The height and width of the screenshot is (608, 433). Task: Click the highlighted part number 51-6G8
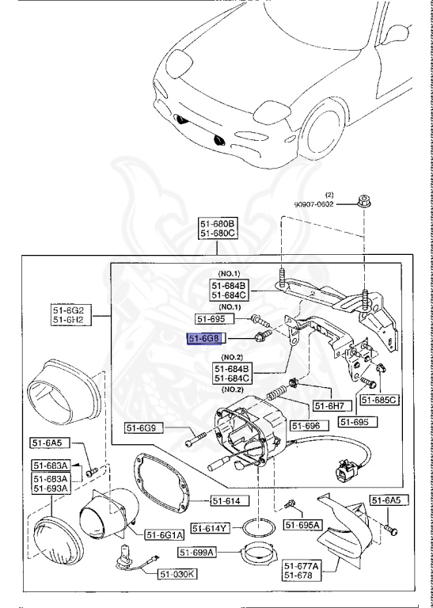202,339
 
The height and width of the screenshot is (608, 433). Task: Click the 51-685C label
380,400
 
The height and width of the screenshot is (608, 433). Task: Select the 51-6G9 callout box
144,429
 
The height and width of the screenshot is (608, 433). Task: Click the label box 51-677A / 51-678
302,571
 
